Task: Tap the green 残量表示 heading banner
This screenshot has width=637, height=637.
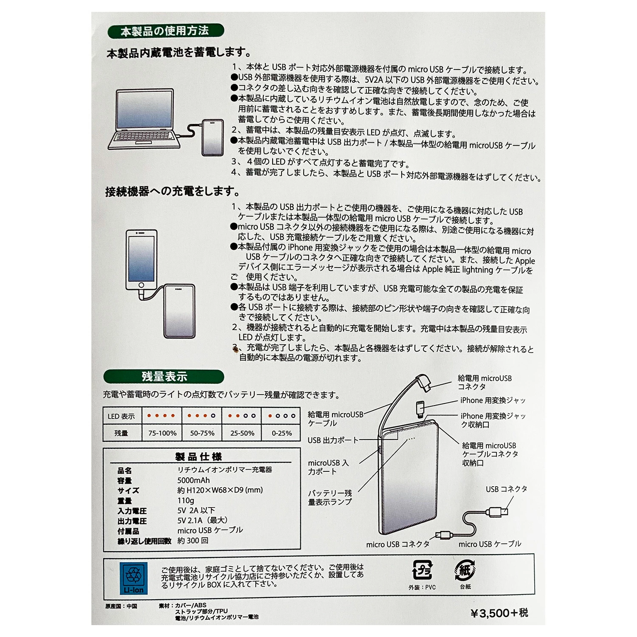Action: [x=164, y=377]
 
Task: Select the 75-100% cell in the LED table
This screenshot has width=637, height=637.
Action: [x=162, y=433]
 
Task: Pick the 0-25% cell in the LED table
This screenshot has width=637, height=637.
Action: [x=282, y=433]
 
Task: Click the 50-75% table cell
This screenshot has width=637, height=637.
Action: [x=202, y=433]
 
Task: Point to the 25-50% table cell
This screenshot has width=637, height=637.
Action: [x=242, y=433]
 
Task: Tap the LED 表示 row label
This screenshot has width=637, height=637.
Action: [x=121, y=416]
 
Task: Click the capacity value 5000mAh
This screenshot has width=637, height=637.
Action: [x=194, y=480]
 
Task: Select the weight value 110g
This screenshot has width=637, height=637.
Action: [x=186, y=500]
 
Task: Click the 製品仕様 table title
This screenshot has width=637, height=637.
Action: [x=199, y=457]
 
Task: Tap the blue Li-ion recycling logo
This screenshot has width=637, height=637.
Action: [x=134, y=578]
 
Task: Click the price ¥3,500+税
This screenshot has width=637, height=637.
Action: [x=499, y=613]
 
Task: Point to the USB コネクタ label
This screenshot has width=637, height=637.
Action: [x=506, y=489]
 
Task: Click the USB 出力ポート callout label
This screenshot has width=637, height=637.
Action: [x=333, y=440]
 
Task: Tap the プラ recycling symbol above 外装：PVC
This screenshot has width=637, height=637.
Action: [x=422, y=570]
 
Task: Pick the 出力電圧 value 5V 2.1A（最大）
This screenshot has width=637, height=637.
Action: [x=203, y=520]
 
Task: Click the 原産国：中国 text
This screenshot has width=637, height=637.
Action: [x=121, y=606]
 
